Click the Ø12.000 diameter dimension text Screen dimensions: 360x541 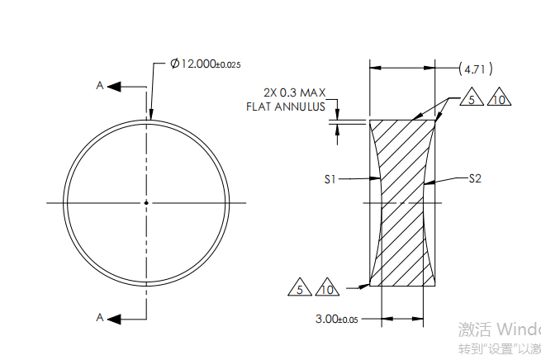(x=192, y=64)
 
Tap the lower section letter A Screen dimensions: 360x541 (x=100, y=317)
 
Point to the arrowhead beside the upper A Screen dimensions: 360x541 (x=115, y=86)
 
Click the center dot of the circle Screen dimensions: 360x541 (x=146, y=202)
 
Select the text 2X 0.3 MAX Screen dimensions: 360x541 (x=295, y=92)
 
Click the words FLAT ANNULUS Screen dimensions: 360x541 (x=286, y=107)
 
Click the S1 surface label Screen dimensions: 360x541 (x=331, y=178)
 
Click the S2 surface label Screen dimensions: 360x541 (x=475, y=178)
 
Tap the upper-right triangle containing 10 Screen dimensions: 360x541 (x=498, y=99)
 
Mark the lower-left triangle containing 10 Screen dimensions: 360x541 (x=327, y=289)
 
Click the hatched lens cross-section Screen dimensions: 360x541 (x=401, y=202)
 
